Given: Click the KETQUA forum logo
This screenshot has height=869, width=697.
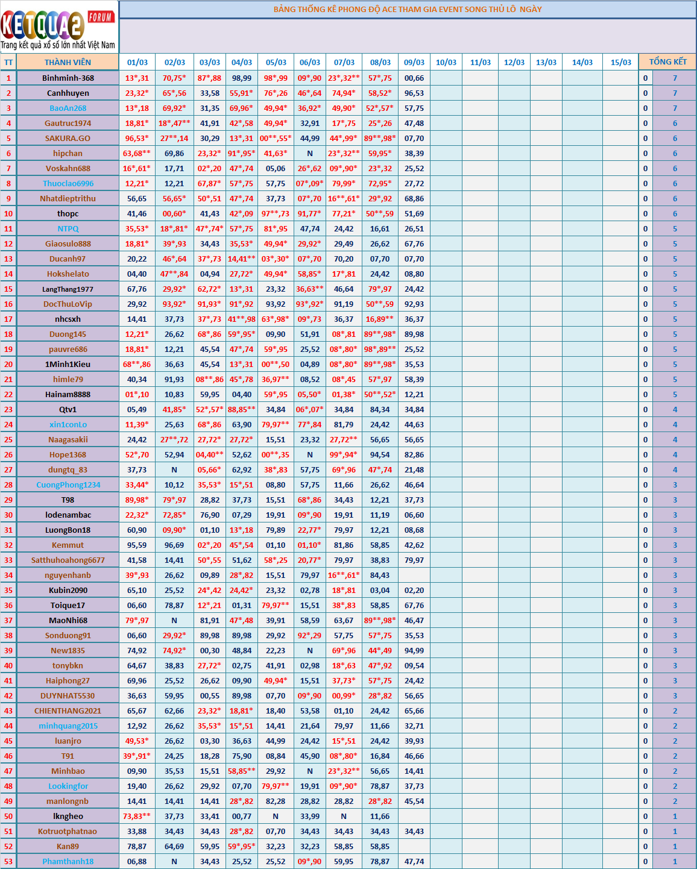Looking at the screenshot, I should tap(58, 27).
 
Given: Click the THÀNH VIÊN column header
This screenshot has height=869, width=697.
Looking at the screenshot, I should tap(68, 62).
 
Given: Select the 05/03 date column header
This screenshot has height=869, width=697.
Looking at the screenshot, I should tap(276, 62).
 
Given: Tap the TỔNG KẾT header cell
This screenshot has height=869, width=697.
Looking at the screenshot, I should tap(667, 61).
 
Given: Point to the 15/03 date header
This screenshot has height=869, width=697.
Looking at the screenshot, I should tap(620, 62).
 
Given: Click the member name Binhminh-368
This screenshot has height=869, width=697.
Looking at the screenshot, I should tap(68, 78).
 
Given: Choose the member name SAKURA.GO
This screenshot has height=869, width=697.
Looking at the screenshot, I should tap(68, 138).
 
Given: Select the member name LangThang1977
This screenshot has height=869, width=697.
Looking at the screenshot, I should tap(68, 289).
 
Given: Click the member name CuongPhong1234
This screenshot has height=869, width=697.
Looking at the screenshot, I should tap(68, 485).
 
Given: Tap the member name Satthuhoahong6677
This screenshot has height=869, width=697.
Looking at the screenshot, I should tap(68, 560).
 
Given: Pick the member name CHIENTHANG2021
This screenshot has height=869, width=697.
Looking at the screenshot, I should tap(68, 711).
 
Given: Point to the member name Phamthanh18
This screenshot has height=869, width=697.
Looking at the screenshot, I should tap(68, 861).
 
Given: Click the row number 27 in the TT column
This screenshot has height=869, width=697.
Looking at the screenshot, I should tap(8, 469).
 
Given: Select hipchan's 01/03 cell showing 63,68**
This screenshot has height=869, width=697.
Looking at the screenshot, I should tap(137, 153).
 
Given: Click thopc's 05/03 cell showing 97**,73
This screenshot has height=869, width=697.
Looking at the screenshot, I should tap(276, 213).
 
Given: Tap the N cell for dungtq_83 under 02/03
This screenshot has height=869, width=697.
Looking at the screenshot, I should tap(174, 469).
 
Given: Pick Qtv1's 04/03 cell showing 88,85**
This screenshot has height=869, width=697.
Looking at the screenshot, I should tap(242, 409).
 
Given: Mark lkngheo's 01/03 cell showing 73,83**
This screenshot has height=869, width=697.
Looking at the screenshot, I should tap(137, 816).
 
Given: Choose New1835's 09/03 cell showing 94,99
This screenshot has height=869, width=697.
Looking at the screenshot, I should tap(414, 650).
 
